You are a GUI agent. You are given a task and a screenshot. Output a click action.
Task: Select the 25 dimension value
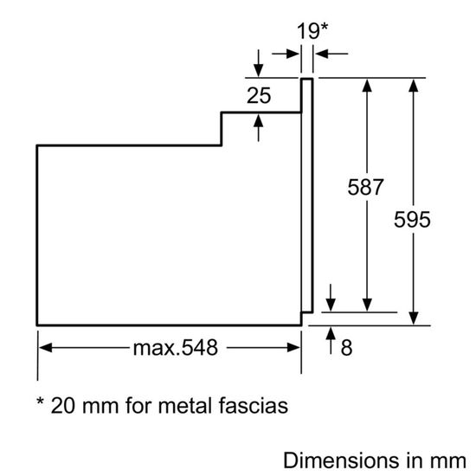[x=259, y=95]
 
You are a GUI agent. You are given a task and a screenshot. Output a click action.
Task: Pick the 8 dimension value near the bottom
[x=346, y=349]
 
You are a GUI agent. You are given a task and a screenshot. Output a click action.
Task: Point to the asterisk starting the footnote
[x=40, y=403]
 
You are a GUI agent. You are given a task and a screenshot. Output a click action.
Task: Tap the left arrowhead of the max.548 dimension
[x=46, y=349]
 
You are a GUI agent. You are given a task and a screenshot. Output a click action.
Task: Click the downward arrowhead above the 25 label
[x=259, y=72]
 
